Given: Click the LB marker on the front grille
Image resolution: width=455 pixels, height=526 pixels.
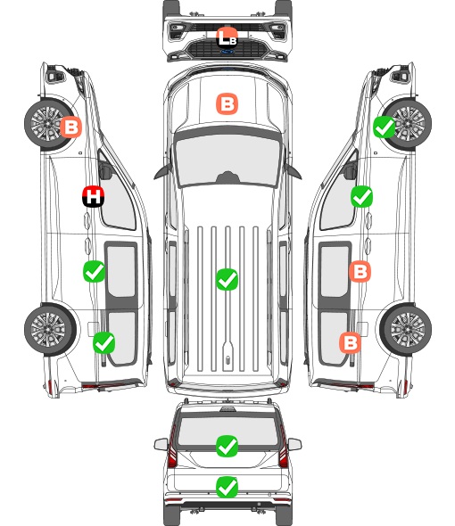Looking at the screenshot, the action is [227, 37].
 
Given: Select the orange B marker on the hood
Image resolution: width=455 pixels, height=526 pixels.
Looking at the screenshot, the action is [227, 104].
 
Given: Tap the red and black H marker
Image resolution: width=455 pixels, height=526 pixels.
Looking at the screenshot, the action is [94, 196].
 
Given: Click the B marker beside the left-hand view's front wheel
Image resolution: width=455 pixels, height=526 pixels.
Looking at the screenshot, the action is [70, 127].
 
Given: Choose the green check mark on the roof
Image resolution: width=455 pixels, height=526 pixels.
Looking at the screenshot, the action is [227, 279].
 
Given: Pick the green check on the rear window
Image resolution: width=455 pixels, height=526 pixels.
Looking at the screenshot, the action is [227, 446].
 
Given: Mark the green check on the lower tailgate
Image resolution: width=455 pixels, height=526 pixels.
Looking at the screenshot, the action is [227, 487].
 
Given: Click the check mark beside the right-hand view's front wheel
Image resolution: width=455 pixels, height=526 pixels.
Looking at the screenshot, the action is [385, 127].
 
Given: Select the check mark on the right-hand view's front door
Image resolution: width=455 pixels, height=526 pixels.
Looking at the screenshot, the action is [361, 196].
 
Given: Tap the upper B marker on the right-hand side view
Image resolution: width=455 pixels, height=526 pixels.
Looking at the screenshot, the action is [360, 271].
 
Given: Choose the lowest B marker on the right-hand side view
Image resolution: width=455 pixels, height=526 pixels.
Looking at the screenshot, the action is [351, 343].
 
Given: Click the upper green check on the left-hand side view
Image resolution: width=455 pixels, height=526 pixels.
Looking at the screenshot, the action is [94, 271].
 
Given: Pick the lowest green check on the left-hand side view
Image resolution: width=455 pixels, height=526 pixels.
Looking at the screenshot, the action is [103, 342].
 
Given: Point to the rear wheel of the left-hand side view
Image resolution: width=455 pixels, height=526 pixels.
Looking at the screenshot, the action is [50, 330].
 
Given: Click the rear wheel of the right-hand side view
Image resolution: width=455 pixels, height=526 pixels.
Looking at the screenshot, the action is [406, 330].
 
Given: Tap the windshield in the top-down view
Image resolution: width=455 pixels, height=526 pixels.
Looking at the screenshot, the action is [227, 160].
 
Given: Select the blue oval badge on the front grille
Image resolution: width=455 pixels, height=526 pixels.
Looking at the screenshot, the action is [227, 52].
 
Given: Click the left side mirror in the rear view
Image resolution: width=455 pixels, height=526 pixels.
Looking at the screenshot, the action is [161, 444].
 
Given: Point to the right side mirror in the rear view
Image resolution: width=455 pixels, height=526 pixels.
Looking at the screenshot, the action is [294, 444].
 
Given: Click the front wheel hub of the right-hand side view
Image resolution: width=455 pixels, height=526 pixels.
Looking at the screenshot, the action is [408, 123].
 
